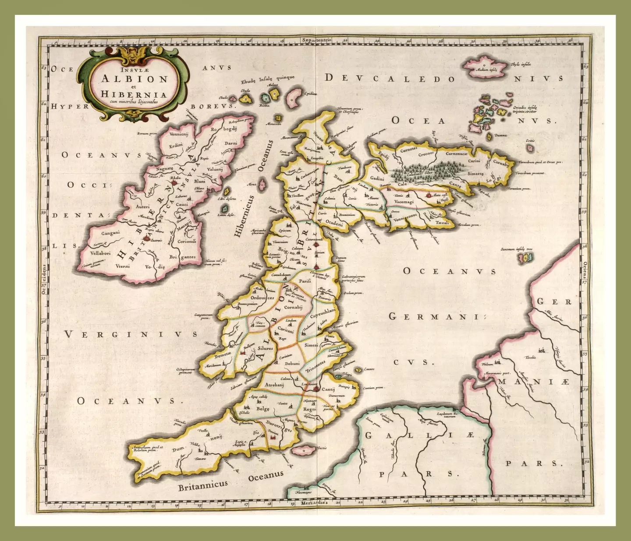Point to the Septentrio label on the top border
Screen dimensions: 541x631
click(x=316, y=40)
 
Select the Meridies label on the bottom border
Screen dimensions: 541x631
click(x=314, y=502)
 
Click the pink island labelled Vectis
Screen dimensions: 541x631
click(x=304, y=450)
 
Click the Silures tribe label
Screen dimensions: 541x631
click(x=265, y=348)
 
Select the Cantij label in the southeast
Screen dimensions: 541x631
click(x=328, y=389)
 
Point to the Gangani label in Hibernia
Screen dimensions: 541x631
click(x=110, y=233)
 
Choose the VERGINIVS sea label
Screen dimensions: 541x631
click(x=131, y=335)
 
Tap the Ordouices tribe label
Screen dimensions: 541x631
click(x=262, y=298)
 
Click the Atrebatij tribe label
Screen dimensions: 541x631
click(x=275, y=384)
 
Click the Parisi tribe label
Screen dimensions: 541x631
click(x=305, y=281)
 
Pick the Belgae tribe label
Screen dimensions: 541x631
click(x=263, y=409)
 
